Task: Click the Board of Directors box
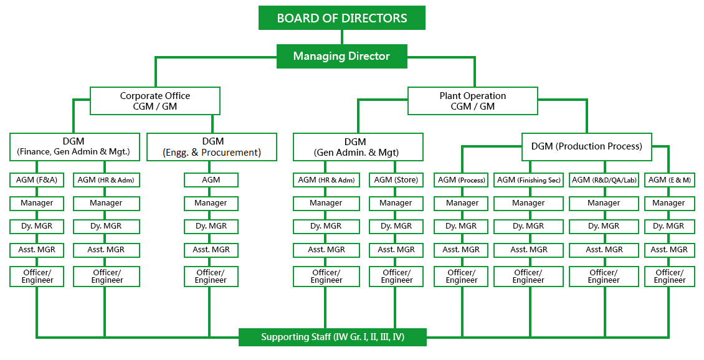coord(341,18)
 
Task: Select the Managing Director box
coord(341,56)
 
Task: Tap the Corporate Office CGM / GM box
coord(155,101)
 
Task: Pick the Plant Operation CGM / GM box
coord(472,101)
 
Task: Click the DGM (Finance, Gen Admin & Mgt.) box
coord(74,146)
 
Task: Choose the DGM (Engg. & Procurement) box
coord(212,146)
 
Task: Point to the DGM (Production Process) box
coord(586,146)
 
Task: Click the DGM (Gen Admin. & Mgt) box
coord(358,146)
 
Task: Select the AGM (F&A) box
coord(36,180)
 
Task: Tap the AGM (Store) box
coord(396,180)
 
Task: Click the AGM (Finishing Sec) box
coord(528,180)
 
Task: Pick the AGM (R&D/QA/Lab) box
coord(604,180)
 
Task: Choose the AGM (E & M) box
coord(669,180)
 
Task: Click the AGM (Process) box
coord(461,180)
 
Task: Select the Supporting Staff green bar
coord(333,337)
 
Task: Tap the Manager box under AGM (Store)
coord(396,203)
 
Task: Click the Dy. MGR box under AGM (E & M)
coord(669,226)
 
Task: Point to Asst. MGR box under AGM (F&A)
coord(36,250)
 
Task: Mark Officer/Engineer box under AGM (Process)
coord(461,276)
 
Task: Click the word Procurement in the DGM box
coord(231,153)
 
